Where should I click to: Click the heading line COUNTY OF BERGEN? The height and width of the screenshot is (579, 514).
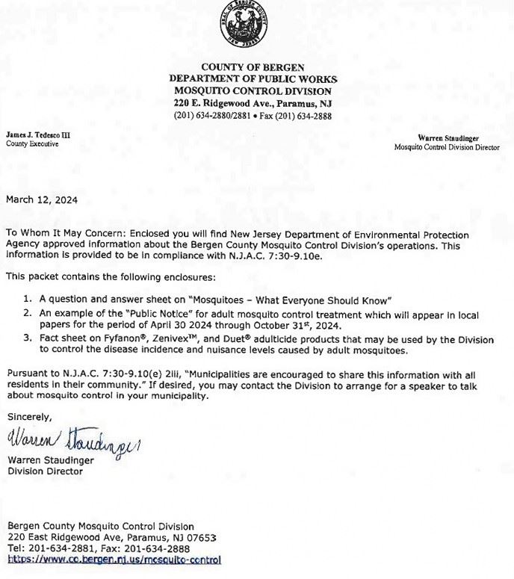[x=253, y=67]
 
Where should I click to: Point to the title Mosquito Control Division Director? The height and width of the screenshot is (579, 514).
[x=447, y=147]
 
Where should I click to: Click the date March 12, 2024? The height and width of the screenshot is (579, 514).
[x=42, y=199]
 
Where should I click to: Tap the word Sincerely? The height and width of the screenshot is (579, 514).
[x=29, y=416]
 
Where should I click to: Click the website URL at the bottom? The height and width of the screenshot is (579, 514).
[x=114, y=559]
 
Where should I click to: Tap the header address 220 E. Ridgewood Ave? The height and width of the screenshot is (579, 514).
[x=213, y=102]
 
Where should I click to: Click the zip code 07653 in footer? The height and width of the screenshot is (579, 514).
[x=202, y=537]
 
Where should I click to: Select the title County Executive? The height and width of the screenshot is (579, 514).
[x=32, y=143]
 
